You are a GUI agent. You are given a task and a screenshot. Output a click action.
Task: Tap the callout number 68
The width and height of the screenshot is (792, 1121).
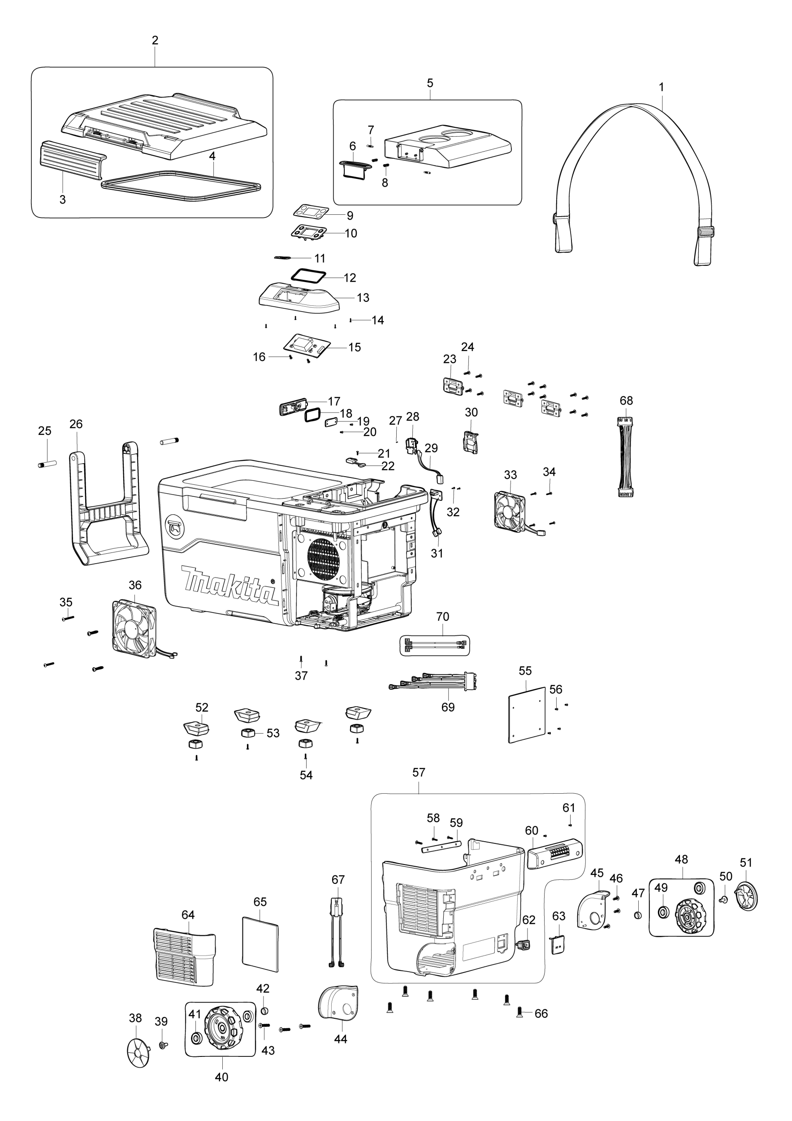click(626, 401)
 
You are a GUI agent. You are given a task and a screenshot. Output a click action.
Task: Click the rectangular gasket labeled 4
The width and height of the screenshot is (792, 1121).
click(181, 187)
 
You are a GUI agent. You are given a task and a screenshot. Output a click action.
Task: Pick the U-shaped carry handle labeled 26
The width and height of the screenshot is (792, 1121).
click(108, 508)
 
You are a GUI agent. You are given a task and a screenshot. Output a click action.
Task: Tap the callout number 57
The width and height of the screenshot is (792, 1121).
click(419, 773)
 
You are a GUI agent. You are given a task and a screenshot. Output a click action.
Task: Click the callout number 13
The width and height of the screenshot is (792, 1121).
click(363, 298)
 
